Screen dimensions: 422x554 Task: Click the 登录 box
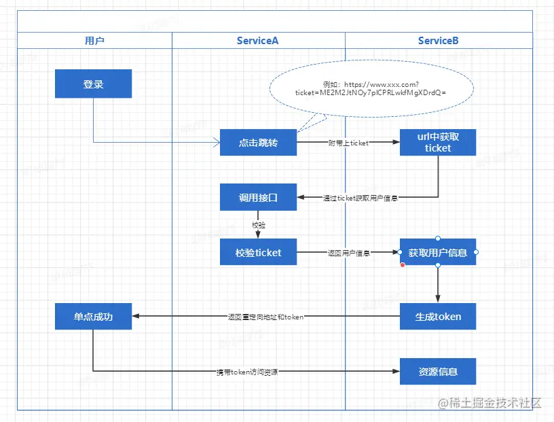point(93,85)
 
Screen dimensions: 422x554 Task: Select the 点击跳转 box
point(258,143)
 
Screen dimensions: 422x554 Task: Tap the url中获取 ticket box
point(438,142)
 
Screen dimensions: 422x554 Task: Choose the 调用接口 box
point(258,197)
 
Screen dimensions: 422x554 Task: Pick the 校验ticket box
point(258,252)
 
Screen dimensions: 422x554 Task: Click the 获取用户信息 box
point(438,253)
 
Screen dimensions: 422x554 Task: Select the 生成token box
point(438,316)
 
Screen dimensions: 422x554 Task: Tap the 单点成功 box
point(93,316)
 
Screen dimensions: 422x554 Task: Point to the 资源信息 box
point(438,372)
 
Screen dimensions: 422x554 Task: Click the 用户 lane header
point(94,41)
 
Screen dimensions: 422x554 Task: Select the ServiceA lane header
point(258,41)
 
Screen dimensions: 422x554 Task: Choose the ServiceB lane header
point(439,41)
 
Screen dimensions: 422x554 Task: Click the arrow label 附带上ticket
point(348,143)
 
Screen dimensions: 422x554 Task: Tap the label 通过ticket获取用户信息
point(360,198)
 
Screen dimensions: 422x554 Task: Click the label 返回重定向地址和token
point(265,317)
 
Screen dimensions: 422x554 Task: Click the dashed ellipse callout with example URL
point(371,90)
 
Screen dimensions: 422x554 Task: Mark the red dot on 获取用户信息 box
point(403,265)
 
